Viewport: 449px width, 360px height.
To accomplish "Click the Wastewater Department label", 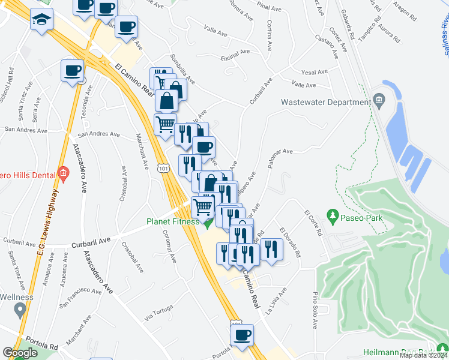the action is pos(325,103).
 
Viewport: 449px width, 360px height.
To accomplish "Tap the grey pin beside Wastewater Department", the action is pos(379,99).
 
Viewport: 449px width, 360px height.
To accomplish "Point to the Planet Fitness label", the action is pos(173,221).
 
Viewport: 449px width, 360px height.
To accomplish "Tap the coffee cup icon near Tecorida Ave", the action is pos(73,71).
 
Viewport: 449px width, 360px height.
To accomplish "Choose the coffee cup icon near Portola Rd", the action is pos(242,335).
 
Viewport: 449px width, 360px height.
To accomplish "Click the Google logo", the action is pos(20,353).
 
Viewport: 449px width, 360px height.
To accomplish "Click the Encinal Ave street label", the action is pos(235,53).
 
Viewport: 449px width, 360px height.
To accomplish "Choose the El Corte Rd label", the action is pos(313,222).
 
